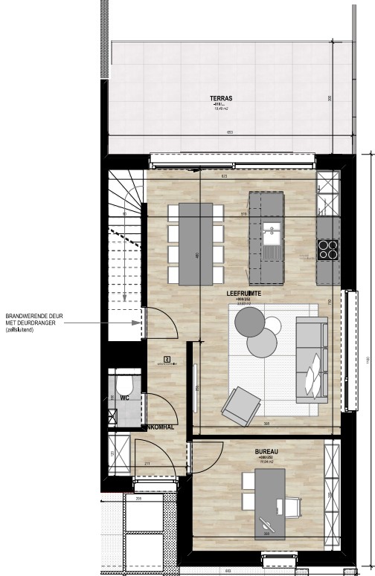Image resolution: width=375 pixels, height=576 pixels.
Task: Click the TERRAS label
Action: pyautogui.click(x=220, y=97)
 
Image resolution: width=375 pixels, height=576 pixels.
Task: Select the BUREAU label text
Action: pyautogui.click(x=266, y=451)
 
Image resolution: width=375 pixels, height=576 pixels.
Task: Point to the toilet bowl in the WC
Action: pyautogui.click(x=125, y=386)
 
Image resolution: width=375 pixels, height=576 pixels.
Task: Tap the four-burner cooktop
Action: pyautogui.click(x=328, y=250)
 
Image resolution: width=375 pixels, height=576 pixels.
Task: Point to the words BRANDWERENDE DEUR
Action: pyautogui.click(x=34, y=316)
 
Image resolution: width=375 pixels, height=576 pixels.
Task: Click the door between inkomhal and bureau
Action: pyautogui.click(x=185, y=459)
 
